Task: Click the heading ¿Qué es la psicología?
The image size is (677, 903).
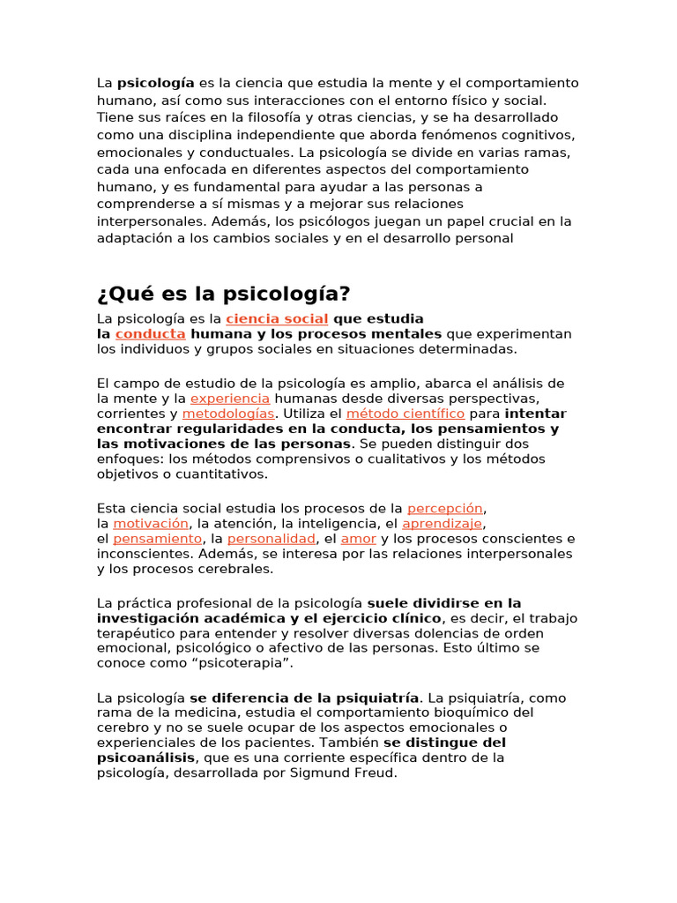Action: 223,294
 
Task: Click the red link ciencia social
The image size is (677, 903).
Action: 277,318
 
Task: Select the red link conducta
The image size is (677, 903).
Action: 150,334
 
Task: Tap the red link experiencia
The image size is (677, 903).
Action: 230,399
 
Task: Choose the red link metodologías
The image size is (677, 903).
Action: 229,414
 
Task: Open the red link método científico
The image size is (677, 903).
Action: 405,414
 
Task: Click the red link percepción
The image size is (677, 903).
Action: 445,508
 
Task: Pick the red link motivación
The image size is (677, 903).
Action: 150,524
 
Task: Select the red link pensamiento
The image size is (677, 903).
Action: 158,539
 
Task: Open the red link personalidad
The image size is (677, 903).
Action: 272,539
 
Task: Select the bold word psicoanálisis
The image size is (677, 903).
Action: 145,758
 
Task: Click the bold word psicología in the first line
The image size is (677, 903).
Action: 156,83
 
